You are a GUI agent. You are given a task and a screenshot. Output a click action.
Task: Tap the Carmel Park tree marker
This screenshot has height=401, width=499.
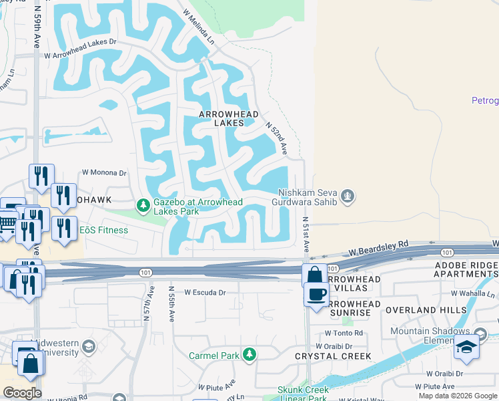[x=249, y=355]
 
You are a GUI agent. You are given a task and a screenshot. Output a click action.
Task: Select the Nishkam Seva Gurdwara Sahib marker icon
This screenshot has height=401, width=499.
[x=346, y=196]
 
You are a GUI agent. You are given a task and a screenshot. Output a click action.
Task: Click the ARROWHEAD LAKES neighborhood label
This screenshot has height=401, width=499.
[x=229, y=118]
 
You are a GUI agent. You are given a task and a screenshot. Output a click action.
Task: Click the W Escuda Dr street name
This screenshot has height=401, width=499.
[x=205, y=292]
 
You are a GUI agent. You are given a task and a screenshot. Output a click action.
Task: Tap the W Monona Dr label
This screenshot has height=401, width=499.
[x=103, y=172]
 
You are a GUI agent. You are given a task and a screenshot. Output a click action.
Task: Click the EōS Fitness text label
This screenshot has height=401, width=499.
[x=103, y=230]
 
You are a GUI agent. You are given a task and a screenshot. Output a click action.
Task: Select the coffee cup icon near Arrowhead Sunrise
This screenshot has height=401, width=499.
[x=316, y=293]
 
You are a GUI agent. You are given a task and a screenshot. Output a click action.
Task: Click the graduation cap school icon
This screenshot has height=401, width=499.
[x=466, y=348]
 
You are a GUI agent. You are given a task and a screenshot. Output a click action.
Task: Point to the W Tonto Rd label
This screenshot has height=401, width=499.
[x=344, y=333]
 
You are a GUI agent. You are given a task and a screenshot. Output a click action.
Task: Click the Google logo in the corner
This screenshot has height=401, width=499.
[x=22, y=393]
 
